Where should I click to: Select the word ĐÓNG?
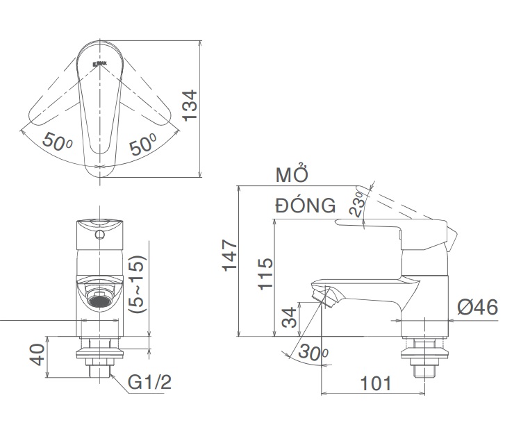click(x=305, y=206)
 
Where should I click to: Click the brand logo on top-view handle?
click(x=99, y=64)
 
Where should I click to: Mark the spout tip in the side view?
click(x=324, y=296)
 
